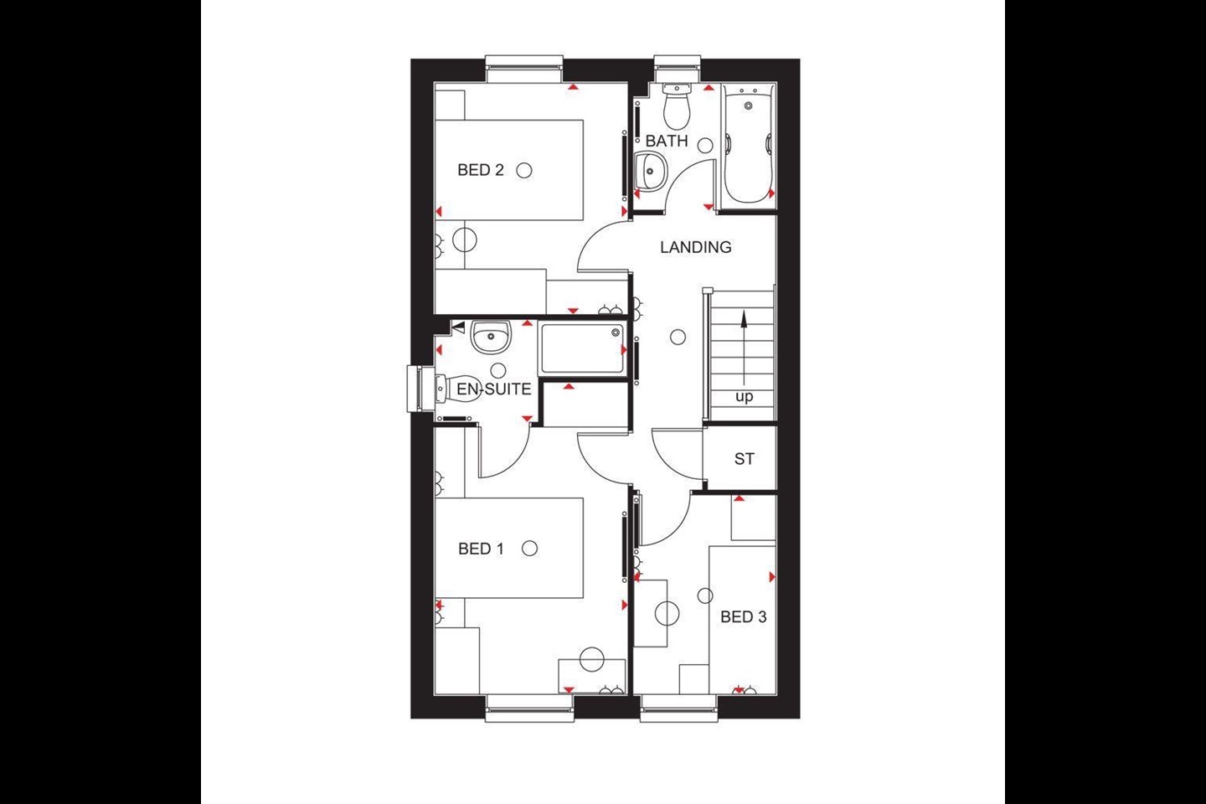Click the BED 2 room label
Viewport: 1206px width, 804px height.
point(481,170)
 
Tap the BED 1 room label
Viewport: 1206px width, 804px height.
point(482,549)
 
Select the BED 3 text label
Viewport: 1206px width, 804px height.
point(743,617)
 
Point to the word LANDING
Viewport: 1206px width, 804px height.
point(695,247)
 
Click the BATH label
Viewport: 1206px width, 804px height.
point(667,142)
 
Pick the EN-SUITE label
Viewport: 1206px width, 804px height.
point(493,389)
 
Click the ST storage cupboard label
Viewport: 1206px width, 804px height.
point(744,459)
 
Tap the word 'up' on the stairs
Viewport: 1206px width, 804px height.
point(744,397)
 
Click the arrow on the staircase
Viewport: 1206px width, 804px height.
point(743,343)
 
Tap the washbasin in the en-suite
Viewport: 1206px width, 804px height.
point(490,337)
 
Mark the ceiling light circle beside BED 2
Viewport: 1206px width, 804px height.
point(524,170)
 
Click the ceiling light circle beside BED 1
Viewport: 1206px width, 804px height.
point(528,549)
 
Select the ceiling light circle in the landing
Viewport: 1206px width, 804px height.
point(678,338)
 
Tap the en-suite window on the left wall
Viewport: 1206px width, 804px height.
point(415,389)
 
